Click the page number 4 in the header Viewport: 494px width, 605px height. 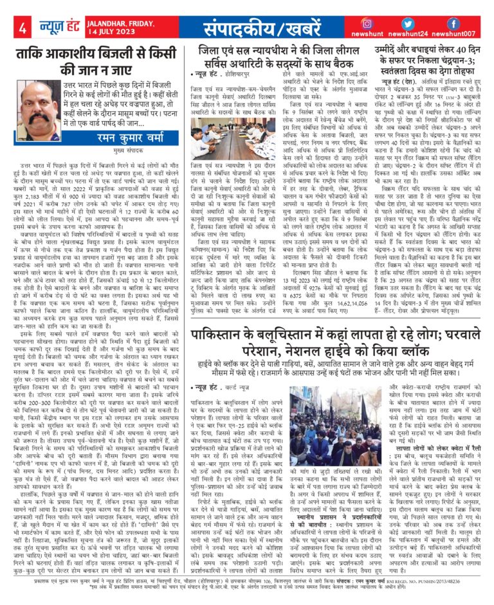coord(22,29)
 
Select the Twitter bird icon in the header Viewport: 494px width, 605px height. coord(410,23)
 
